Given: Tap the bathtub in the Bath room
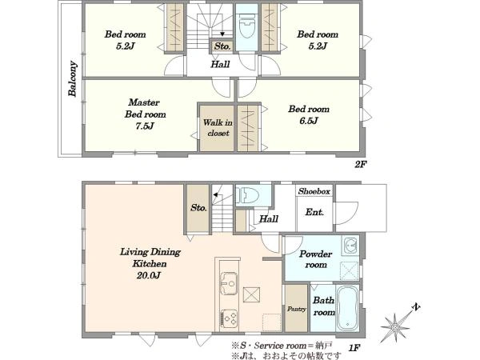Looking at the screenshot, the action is (347, 308).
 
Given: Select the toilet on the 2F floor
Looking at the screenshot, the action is (246, 26).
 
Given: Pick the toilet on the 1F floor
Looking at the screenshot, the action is (247, 194).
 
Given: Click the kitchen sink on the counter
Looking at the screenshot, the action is (229, 283).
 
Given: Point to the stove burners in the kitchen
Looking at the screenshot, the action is (229, 318).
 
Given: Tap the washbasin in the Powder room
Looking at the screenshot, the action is (350, 245).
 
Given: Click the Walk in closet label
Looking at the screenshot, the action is (218, 128).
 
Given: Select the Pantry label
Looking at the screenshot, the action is (296, 309).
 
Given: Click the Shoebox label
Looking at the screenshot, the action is (314, 191).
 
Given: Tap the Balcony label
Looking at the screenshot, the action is (72, 79).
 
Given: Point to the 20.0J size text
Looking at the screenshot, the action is (149, 275).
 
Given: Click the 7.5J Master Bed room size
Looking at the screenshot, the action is (145, 126).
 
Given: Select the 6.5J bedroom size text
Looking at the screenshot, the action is (309, 121).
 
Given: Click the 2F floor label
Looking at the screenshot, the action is (361, 164).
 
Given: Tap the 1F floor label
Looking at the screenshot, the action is (354, 348).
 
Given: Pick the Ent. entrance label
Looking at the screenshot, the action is (314, 212).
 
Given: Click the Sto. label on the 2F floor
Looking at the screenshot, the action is (222, 46).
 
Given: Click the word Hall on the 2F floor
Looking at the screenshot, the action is (220, 64).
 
